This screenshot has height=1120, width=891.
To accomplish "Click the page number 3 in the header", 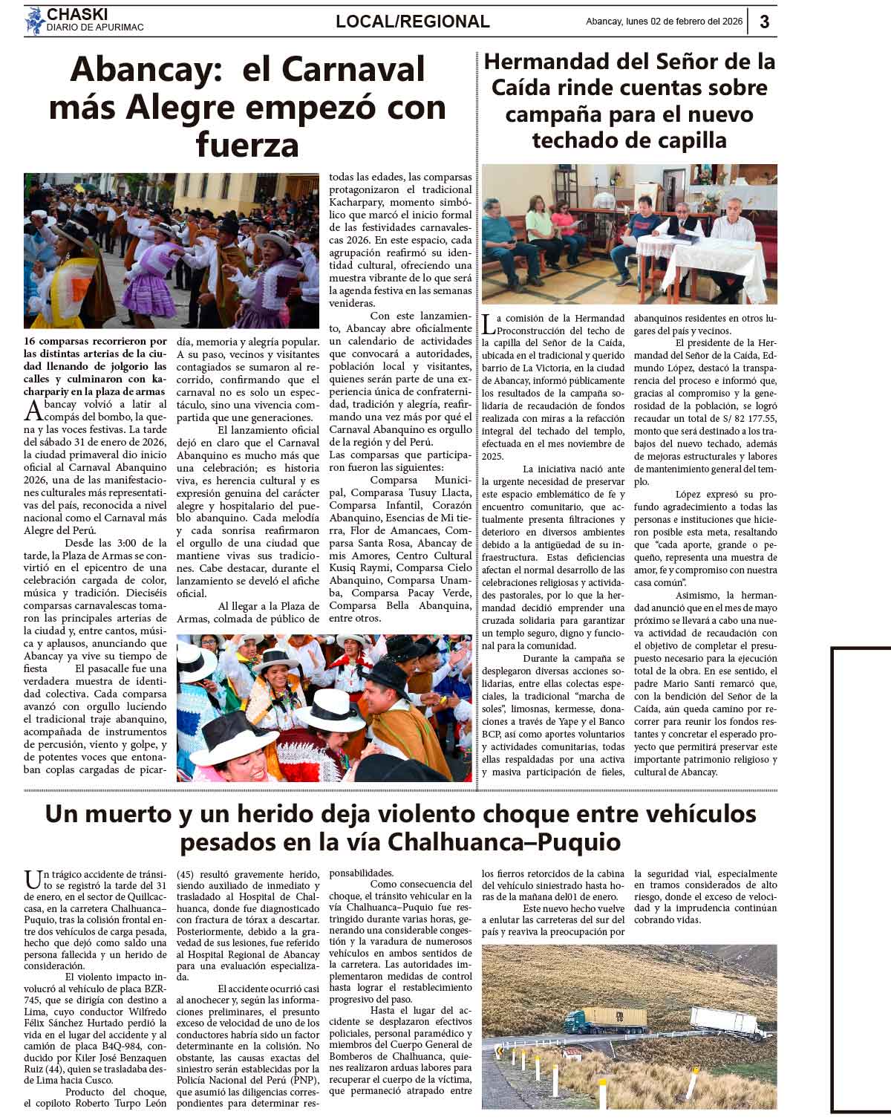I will pyautogui.click(x=764, y=22).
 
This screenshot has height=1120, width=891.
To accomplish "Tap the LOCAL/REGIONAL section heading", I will pyautogui.click(x=412, y=22).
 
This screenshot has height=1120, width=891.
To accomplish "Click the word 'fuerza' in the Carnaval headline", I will pyautogui.click(x=247, y=144).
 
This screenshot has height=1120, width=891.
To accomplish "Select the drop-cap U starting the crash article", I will pyautogui.click(x=32, y=879).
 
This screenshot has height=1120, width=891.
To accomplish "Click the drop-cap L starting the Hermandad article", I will pyautogui.click(x=488, y=324).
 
